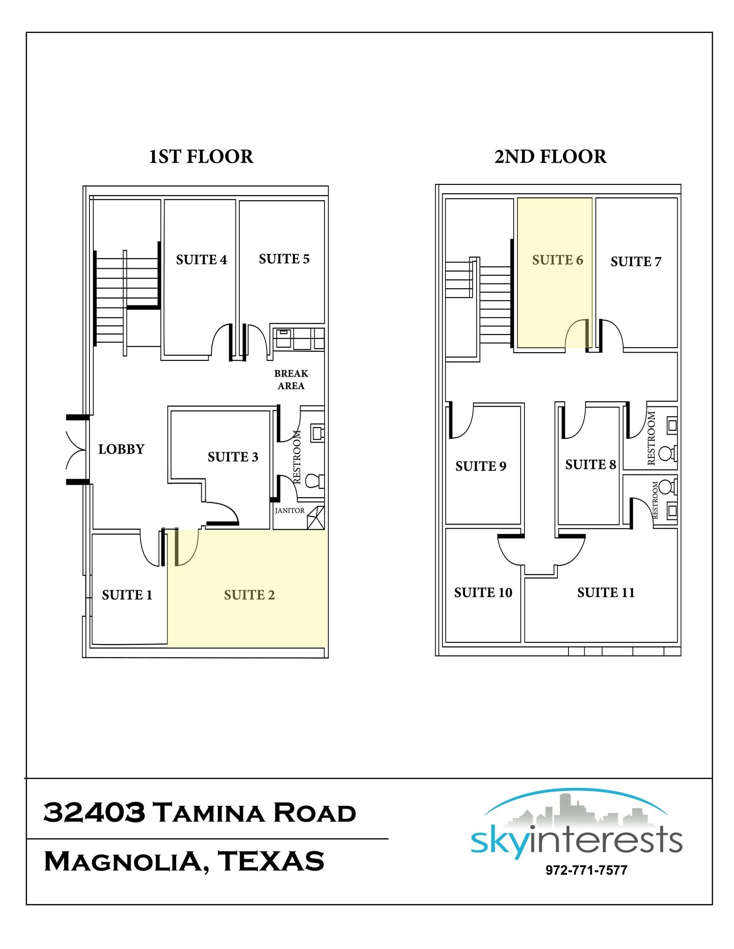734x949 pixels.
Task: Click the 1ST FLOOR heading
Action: [201, 157]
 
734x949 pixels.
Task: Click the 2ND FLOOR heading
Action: [550, 157]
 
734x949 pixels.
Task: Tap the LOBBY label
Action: [121, 449]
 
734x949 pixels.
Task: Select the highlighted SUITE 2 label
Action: [249, 595]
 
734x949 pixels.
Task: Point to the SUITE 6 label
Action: [557, 260]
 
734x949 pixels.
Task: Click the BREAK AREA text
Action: [291, 380]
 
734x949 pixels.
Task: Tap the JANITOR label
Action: [289, 511]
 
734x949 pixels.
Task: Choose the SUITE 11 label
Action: [606, 593]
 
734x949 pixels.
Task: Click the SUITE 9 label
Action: [480, 466]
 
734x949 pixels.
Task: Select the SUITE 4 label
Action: [201, 259]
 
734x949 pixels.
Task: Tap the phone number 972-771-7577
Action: [586, 870]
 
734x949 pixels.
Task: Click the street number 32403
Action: [94, 813]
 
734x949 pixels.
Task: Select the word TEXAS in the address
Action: [271, 861]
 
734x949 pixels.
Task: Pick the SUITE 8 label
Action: [590, 465]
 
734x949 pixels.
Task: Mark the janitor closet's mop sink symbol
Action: [315, 518]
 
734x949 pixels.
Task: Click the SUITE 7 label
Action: [636, 262]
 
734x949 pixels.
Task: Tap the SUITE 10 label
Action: [483, 593]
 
